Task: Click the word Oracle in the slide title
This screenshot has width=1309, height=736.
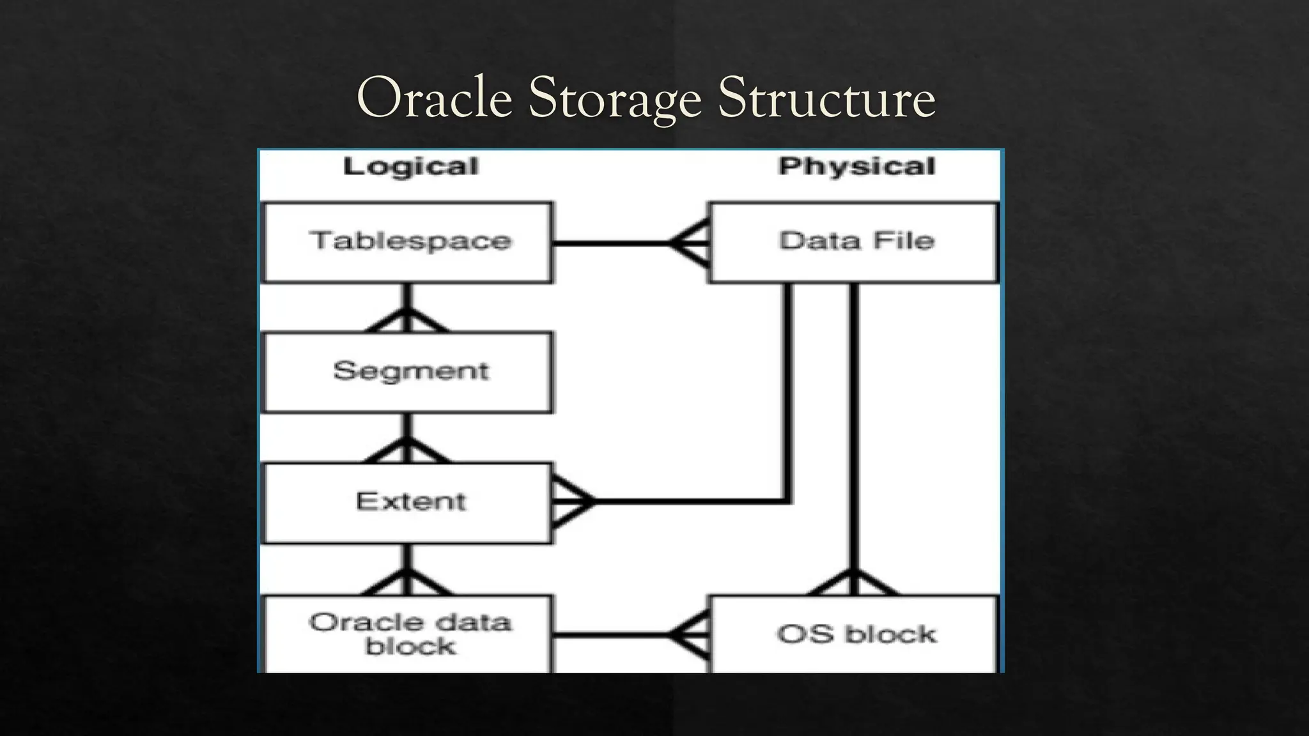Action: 435,98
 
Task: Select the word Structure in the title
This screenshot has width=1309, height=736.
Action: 826,98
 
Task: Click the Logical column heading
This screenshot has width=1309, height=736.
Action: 410,167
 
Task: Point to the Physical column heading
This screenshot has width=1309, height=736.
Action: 856,166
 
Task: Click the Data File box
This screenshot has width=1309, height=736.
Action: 854,242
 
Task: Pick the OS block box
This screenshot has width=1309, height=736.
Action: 854,634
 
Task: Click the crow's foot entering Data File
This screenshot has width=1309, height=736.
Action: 690,243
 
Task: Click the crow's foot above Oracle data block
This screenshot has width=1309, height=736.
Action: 407,581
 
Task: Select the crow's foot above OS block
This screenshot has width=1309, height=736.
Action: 853,581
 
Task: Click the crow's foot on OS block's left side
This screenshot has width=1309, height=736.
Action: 690,634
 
